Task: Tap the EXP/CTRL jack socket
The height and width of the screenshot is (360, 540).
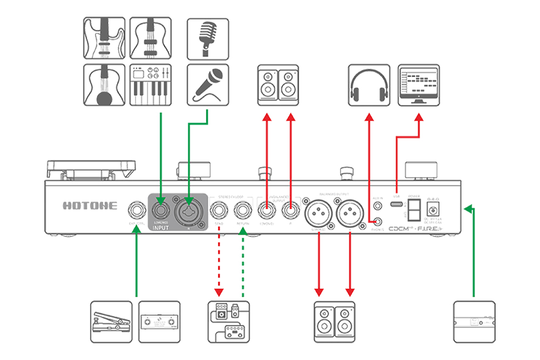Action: click(135, 209)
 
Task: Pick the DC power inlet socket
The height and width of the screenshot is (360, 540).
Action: click(433, 209)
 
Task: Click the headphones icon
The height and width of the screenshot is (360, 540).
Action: click(369, 85)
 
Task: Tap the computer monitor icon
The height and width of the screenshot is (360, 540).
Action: click(418, 85)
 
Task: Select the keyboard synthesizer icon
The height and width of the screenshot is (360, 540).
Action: click(151, 85)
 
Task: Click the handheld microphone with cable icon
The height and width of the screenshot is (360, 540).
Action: click(208, 85)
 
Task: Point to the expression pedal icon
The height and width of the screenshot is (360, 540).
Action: click(111, 322)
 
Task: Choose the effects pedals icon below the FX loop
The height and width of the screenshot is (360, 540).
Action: click(230, 322)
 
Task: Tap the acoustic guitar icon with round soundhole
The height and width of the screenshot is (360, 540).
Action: click(104, 85)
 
